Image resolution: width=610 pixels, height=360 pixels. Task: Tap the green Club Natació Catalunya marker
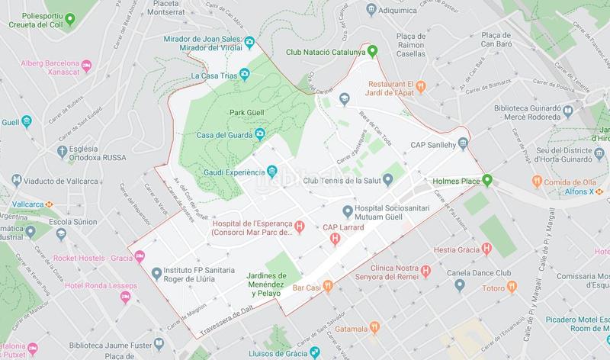tap(372, 53)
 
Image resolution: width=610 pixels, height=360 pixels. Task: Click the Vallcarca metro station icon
tap(49, 204)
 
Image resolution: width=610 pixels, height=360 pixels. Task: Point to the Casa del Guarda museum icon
tap(259, 135)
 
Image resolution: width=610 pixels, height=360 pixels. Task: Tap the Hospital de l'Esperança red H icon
tap(300, 226)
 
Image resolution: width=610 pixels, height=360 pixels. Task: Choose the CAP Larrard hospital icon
tap(334, 239)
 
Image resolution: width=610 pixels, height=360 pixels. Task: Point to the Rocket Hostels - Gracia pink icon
tap(140, 256)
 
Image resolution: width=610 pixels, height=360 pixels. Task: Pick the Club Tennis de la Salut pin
tap(387, 180)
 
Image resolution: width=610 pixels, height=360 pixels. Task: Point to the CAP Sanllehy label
tap(438, 143)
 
